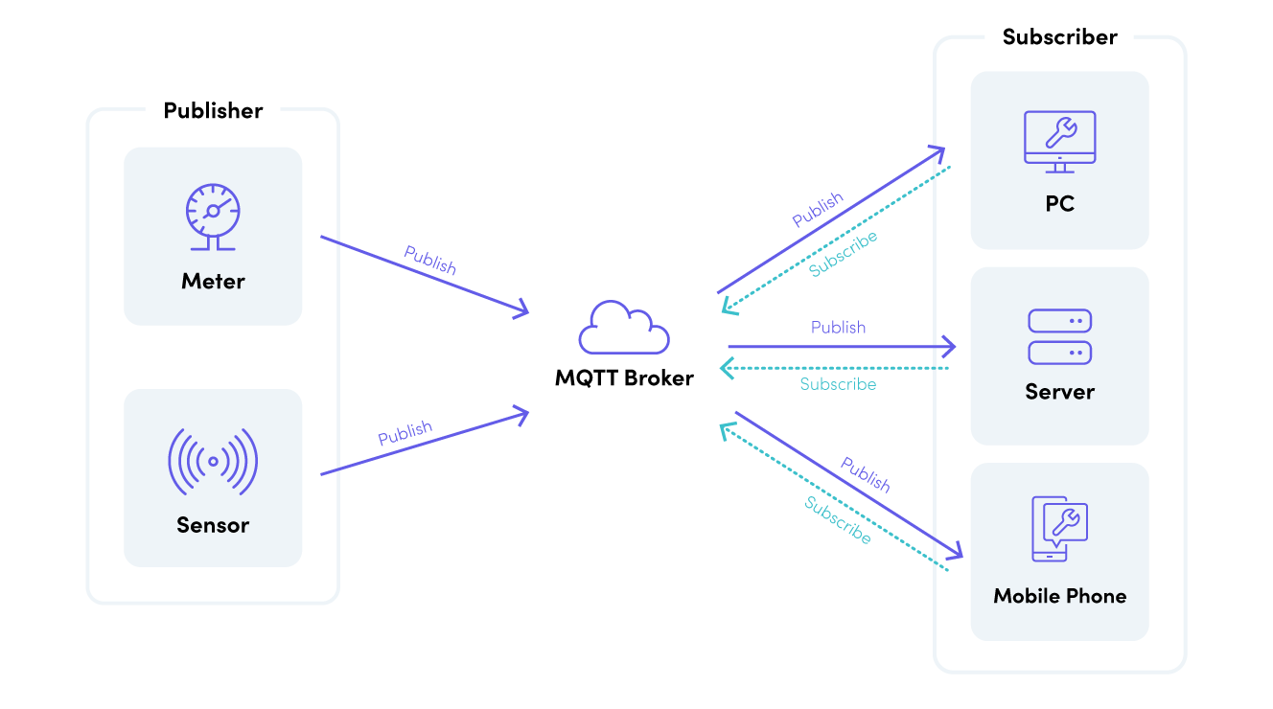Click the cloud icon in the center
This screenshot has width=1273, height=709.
click(x=624, y=329)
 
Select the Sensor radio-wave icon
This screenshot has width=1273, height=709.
click(x=213, y=460)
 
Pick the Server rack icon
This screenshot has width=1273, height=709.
click(x=1059, y=336)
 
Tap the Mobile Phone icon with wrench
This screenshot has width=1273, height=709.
click(x=1058, y=528)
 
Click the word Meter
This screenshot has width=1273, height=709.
click(x=213, y=282)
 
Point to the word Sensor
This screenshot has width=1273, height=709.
click(x=213, y=525)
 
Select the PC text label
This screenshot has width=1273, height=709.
click(x=1059, y=204)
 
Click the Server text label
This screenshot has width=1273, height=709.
click(x=1059, y=392)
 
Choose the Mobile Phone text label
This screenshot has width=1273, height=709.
click(x=1059, y=596)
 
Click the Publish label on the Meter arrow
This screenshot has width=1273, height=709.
click(x=430, y=261)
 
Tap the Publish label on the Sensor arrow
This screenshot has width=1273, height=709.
click(x=405, y=433)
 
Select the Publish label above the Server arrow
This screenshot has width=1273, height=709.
click(x=838, y=328)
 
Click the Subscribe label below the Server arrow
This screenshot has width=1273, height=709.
click(x=838, y=384)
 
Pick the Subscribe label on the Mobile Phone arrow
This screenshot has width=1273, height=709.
click(x=838, y=521)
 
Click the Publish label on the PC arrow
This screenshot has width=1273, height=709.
click(x=818, y=210)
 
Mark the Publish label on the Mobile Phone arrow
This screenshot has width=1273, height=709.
click(x=866, y=474)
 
